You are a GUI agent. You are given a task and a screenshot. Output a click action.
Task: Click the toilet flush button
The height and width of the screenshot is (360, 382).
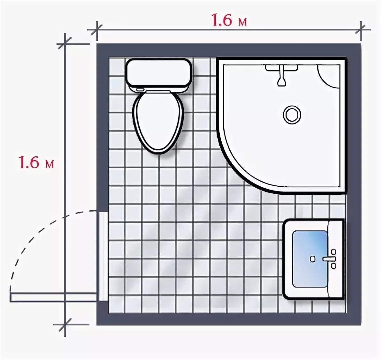(x=140, y=89)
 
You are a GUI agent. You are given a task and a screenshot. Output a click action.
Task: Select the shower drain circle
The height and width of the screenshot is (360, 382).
(x=292, y=114)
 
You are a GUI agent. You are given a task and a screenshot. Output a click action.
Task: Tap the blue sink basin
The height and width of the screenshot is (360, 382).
(x=310, y=259)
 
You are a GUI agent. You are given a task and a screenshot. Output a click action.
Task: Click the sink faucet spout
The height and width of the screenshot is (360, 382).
(x=329, y=259)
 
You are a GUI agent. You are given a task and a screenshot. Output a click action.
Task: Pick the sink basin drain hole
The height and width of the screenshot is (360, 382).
(x=313, y=259)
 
